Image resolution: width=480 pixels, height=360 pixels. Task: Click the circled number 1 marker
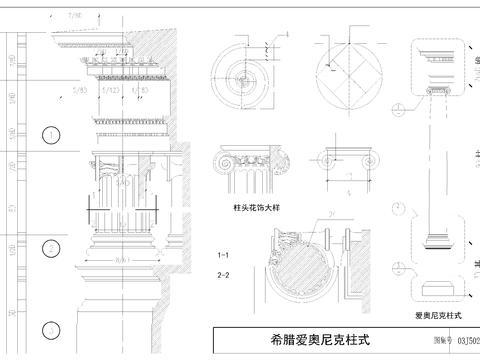point(47,134)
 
